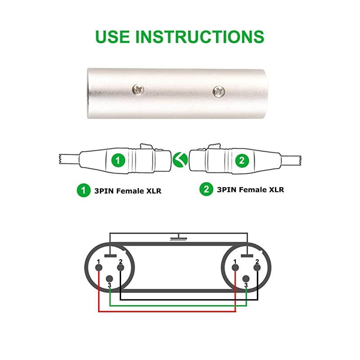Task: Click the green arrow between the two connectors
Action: [180, 158]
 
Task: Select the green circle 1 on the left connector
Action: [118, 160]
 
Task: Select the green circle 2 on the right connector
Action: [242, 160]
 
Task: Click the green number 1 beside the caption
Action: [82, 190]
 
